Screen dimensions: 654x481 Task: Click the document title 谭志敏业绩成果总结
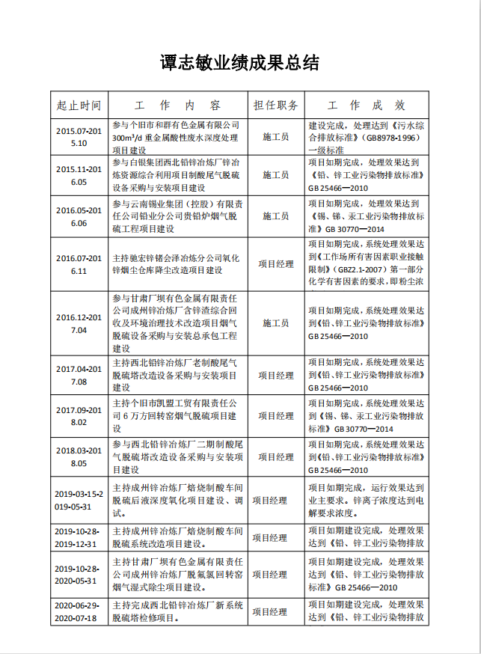point(240,63)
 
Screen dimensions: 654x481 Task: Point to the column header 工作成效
point(367,105)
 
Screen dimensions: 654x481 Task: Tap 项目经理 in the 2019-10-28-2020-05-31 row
point(270,575)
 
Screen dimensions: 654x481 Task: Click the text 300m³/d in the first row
point(128,138)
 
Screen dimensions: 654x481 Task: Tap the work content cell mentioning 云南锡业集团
point(176,216)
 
